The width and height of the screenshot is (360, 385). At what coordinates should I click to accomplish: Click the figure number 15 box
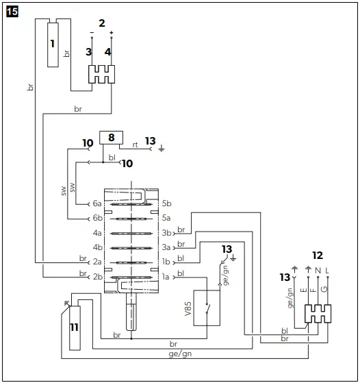(13, 12)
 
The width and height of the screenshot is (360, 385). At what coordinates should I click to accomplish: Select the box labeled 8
(110, 137)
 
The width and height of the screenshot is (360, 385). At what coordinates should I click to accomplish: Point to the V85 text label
(188, 308)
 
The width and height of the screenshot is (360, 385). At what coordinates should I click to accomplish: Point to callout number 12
(317, 255)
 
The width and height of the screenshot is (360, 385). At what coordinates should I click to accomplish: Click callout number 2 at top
(101, 23)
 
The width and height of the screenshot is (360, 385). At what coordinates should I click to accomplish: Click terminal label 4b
(97, 247)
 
